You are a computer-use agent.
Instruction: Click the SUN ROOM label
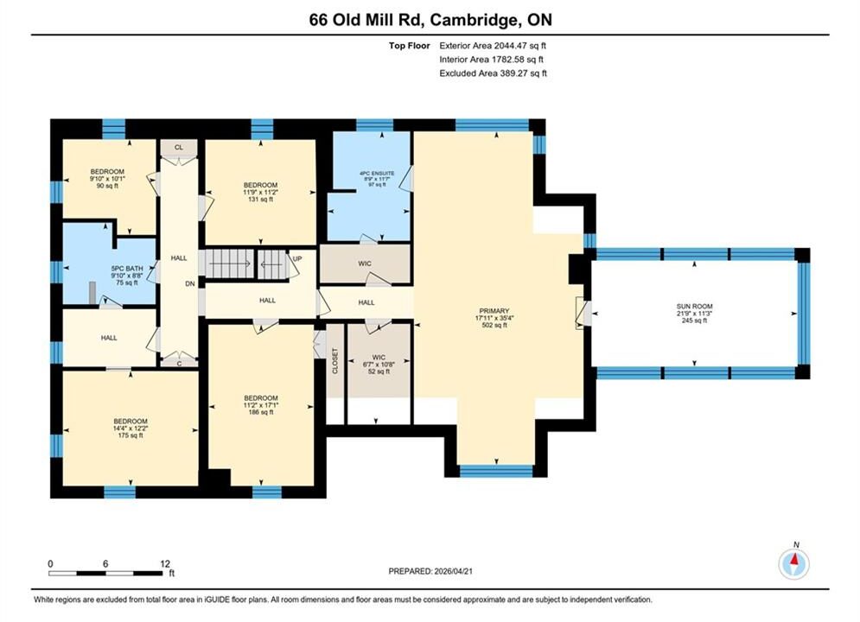point(694,307)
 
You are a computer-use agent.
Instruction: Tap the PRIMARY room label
point(494,311)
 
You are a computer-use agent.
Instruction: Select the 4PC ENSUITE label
point(377,173)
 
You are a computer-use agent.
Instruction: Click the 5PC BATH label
point(127,269)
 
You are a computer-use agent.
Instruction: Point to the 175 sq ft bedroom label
point(131,422)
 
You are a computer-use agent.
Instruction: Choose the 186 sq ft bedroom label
point(261,398)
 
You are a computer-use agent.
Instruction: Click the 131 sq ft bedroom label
point(260,185)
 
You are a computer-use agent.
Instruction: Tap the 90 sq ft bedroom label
point(107,172)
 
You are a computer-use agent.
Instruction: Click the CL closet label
point(179,148)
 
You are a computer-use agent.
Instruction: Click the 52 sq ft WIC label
point(379,358)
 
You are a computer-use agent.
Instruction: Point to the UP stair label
point(297,258)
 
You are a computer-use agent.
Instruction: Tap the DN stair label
point(190,284)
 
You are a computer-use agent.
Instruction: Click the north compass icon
point(794,562)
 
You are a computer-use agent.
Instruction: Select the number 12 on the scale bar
point(165,563)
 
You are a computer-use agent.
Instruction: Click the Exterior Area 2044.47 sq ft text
point(493,46)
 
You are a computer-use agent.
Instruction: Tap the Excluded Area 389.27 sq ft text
point(493,73)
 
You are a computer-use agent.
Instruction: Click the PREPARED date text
point(430,571)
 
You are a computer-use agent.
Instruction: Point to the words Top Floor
point(410,46)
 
